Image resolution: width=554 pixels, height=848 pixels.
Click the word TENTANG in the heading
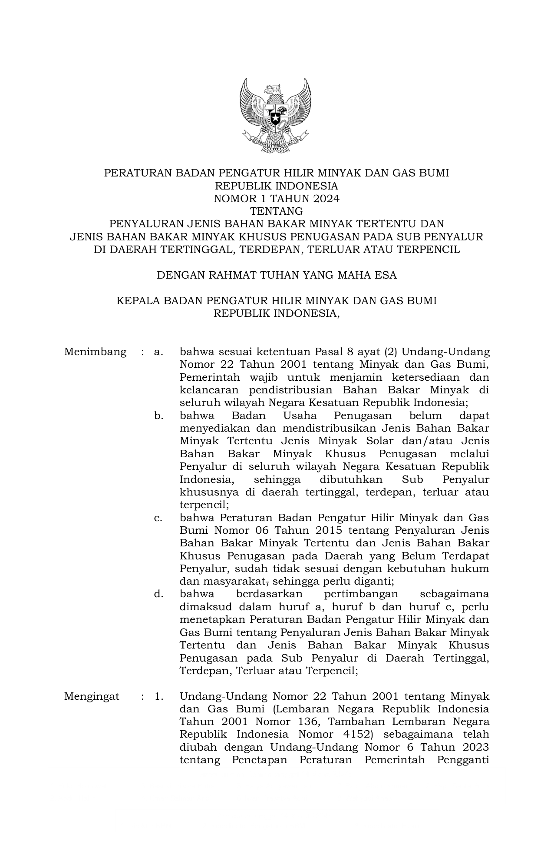[277, 211]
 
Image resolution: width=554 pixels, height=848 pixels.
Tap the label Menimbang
[96, 352]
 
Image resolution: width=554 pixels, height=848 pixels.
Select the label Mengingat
[92, 696]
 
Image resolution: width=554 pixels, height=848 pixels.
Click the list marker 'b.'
[158, 416]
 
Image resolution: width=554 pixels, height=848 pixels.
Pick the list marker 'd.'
[158, 594]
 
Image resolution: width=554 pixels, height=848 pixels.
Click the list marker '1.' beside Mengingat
[159, 696]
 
